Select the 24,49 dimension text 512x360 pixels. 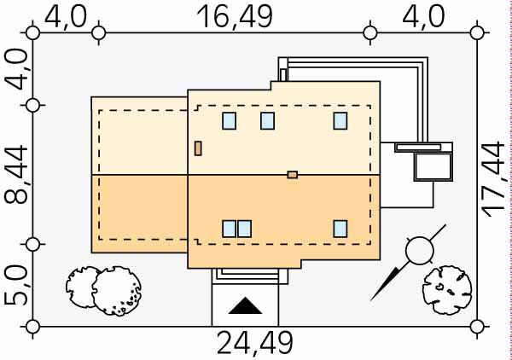pos(254,343)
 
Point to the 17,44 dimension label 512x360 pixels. pos(494,179)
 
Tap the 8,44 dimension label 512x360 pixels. pos(15,174)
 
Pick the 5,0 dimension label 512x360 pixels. pos(15,285)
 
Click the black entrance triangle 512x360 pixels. pos(245,306)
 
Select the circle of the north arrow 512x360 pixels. pos(419,250)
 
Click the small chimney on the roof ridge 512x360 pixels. pos(293,175)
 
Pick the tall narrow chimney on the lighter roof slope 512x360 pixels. pos(198,148)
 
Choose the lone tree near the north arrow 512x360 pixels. pos(445,289)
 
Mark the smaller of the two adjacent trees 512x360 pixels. pos(83,284)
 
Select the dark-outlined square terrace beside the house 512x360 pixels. pos(432,166)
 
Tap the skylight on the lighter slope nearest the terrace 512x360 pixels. pos(340,120)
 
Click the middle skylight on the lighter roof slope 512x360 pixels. pos(267,120)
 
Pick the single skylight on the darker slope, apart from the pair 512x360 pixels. pos(340,228)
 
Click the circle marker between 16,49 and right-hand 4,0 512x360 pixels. pos(370,32)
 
